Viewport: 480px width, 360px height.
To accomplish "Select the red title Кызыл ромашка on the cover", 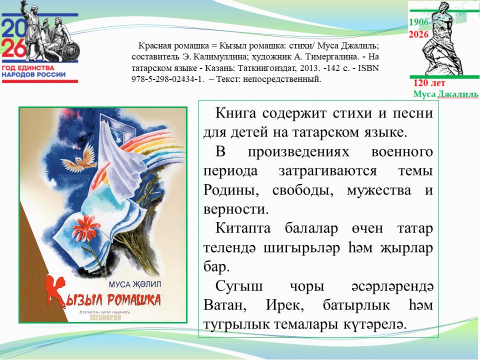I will click(103, 294).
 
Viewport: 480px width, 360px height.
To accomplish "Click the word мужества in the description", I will click(380, 190).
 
